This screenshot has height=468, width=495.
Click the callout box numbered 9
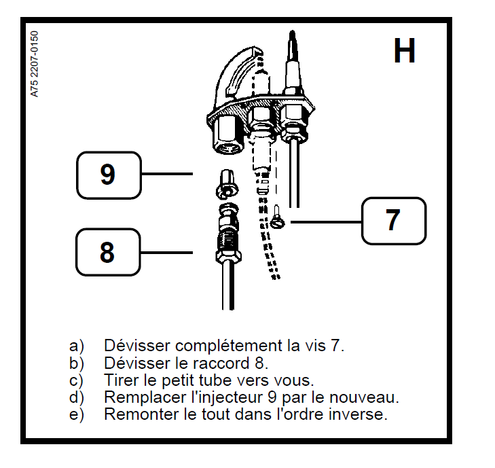(107, 175)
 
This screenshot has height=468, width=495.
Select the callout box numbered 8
(107, 252)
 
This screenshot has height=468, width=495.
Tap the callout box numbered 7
(393, 221)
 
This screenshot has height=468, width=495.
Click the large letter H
(405, 51)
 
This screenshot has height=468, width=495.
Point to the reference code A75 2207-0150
(35, 64)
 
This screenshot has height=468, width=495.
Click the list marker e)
(76, 414)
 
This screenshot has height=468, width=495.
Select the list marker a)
(76, 345)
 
